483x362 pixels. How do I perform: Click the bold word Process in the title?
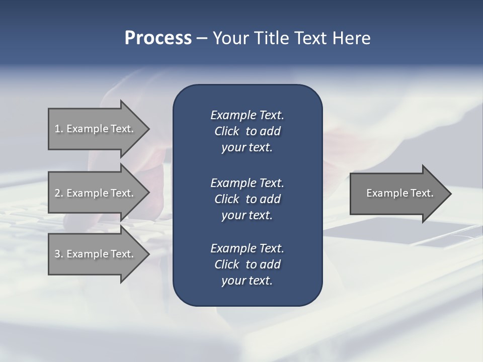(x=158, y=38)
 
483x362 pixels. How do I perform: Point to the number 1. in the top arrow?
(x=58, y=129)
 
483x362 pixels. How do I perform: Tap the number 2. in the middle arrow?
(x=58, y=193)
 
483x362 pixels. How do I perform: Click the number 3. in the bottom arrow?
(x=58, y=254)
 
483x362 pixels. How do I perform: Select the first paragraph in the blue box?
(x=247, y=131)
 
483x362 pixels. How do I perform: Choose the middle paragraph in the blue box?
(x=247, y=199)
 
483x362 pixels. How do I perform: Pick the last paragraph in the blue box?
(x=247, y=264)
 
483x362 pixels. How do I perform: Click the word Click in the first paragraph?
(x=226, y=131)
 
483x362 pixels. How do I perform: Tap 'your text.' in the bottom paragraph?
(x=247, y=281)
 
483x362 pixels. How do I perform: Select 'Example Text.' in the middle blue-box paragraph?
(x=247, y=183)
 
